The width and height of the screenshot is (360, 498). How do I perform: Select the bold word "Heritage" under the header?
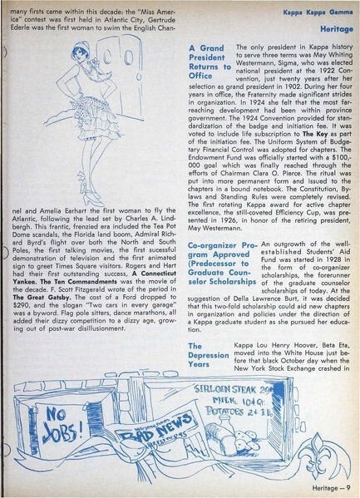point(334,27)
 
